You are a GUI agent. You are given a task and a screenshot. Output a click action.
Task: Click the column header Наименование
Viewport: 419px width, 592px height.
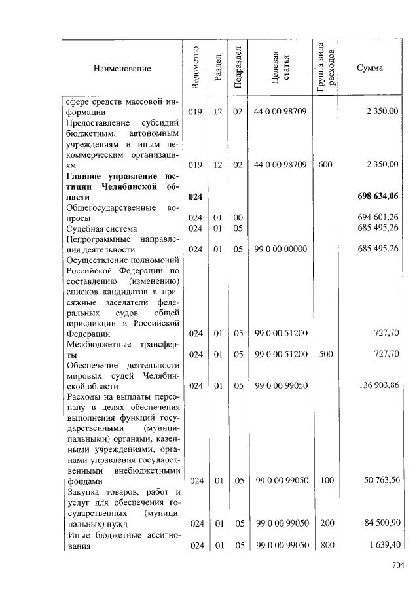point(122,68)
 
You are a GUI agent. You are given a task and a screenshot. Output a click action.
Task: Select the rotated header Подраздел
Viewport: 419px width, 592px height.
point(238,68)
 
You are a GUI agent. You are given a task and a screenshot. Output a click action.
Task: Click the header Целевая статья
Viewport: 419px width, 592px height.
point(280,68)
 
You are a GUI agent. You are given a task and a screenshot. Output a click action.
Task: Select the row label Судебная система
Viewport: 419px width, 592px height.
point(102,228)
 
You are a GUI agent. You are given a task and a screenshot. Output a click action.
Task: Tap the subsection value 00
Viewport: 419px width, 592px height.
point(238,217)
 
